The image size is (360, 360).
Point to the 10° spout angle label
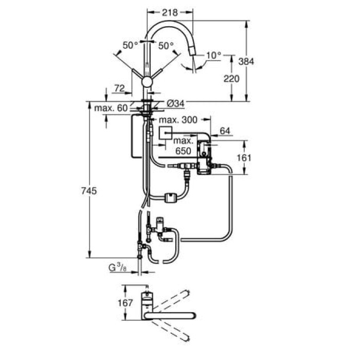point(213,55)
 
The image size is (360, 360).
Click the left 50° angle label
point(130,46)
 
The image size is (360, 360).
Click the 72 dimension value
point(119,88)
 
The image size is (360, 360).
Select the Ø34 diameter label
point(175,104)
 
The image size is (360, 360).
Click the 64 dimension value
point(225,132)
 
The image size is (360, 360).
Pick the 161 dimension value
point(244,157)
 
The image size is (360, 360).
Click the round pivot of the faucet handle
point(148,81)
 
